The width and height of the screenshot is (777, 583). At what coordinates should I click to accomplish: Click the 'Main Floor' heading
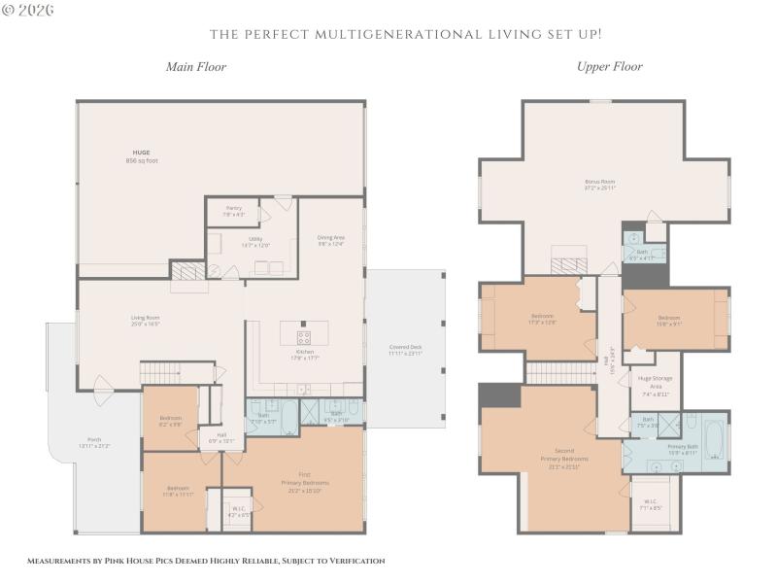(x=195, y=67)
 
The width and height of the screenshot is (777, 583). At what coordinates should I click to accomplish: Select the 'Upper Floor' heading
(x=609, y=67)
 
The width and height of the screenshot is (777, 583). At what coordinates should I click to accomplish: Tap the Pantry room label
(x=233, y=210)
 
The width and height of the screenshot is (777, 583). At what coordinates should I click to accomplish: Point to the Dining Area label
(x=331, y=240)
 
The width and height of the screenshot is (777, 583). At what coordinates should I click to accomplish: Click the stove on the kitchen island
(x=303, y=338)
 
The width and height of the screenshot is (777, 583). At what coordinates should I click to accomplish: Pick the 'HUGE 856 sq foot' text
(x=142, y=156)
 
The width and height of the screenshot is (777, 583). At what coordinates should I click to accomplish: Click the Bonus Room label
(x=600, y=184)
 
